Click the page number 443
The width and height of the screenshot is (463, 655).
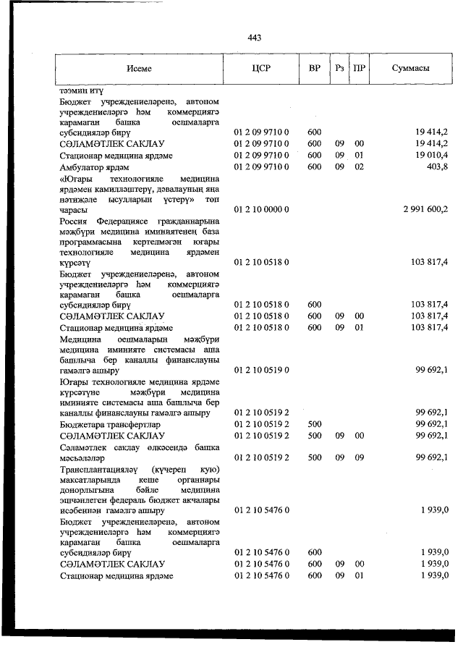(x=253, y=38)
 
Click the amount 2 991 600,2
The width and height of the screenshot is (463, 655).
(x=419, y=209)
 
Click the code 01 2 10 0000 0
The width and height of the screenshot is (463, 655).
(x=260, y=209)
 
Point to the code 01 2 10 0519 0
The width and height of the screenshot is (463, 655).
(x=260, y=370)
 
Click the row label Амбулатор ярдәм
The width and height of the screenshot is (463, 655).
(x=93, y=167)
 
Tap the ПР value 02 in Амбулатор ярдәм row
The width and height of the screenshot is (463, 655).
(x=358, y=166)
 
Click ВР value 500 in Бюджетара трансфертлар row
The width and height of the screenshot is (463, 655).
(x=314, y=423)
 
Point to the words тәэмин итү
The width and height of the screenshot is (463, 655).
(x=82, y=91)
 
